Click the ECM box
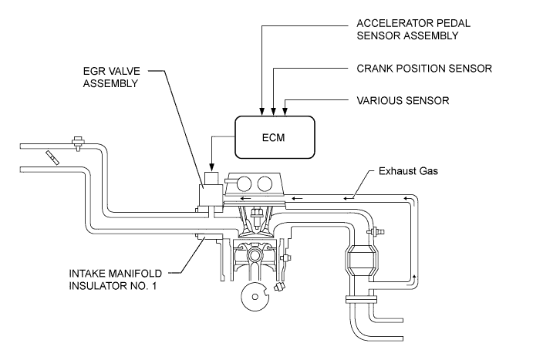click(x=275, y=137)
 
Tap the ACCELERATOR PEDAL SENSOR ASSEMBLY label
click(x=413, y=29)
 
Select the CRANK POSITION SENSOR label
click(x=424, y=69)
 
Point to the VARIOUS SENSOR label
click(x=403, y=100)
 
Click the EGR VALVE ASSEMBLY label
click(x=112, y=77)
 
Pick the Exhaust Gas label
click(x=408, y=171)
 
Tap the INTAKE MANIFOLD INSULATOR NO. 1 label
click(x=116, y=280)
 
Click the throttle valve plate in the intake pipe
click(x=52, y=157)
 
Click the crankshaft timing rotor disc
click(x=255, y=297)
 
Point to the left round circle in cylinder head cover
click(x=244, y=184)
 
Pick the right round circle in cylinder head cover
click(x=265, y=184)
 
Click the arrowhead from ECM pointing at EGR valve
click(x=212, y=167)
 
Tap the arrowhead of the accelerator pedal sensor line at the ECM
click(x=261, y=112)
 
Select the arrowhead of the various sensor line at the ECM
click(x=285, y=112)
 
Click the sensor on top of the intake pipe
click(x=79, y=143)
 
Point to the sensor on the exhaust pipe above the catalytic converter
click(x=376, y=231)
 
